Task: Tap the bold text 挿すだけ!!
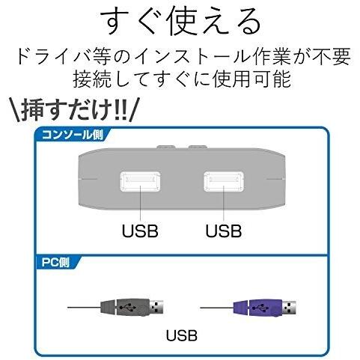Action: pyautogui.click(x=74, y=110)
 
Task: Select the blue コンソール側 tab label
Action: pyautogui.click(x=73, y=135)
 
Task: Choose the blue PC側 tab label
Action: pyautogui.click(x=55, y=263)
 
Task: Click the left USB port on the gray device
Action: pyautogui.click(x=140, y=181)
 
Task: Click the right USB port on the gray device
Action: pyautogui.click(x=224, y=181)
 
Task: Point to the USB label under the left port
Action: pyautogui.click(x=140, y=231)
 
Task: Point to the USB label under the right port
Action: pyautogui.click(x=224, y=231)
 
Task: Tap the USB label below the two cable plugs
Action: pyautogui.click(x=182, y=335)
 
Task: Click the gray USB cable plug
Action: pyautogui.click(x=132, y=307)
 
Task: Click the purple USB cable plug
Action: pyautogui.click(x=265, y=308)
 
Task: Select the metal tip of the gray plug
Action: pyautogui.click(x=156, y=307)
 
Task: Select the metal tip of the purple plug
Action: pyautogui.click(x=290, y=308)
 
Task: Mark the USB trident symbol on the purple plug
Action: pyautogui.click(x=261, y=308)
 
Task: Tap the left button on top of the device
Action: pyautogui.click(x=166, y=147)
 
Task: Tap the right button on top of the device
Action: pyautogui.click(x=198, y=147)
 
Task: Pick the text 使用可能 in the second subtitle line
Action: pyautogui.click(x=252, y=79)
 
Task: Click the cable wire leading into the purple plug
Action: pyautogui.click(x=217, y=308)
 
